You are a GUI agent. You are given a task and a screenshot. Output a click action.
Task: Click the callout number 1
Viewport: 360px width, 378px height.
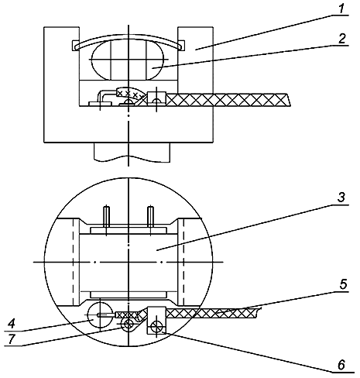tap(341, 9)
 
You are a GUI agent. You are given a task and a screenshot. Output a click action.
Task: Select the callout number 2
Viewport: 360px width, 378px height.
tap(341, 39)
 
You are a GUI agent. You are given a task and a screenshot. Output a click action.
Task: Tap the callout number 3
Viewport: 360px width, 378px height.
tap(341, 198)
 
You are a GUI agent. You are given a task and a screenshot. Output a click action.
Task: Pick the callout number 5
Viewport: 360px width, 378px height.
tap(343, 285)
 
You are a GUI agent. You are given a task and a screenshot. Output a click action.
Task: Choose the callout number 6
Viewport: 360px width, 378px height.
tap(341, 365)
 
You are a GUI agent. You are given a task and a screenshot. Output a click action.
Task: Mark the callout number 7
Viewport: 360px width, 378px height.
tap(11, 339)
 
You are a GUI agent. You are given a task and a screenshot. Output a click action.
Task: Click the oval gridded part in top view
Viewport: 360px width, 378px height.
tap(128, 60)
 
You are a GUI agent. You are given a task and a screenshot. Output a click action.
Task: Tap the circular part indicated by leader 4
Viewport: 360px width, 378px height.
tap(100, 315)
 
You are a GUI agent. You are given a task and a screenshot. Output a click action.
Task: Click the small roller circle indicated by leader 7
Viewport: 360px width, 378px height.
tap(129, 323)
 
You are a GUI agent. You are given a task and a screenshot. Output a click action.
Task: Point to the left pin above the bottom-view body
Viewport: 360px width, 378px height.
tap(106, 217)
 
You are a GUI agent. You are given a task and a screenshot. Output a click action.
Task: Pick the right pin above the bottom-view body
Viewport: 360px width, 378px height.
tap(150, 217)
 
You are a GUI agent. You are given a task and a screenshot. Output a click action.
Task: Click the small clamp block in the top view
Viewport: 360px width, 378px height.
tap(156, 98)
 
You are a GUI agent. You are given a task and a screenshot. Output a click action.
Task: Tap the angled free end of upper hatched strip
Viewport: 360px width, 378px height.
tap(288, 99)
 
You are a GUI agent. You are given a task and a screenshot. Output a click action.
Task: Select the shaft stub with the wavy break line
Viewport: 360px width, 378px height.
tap(132, 153)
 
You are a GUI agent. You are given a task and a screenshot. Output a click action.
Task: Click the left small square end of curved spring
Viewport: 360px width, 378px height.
tap(74, 46)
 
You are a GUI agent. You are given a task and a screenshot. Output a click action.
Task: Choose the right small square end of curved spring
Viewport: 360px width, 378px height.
tap(182, 45)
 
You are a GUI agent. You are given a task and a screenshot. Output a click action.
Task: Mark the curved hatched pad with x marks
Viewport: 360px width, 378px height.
tap(130, 93)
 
